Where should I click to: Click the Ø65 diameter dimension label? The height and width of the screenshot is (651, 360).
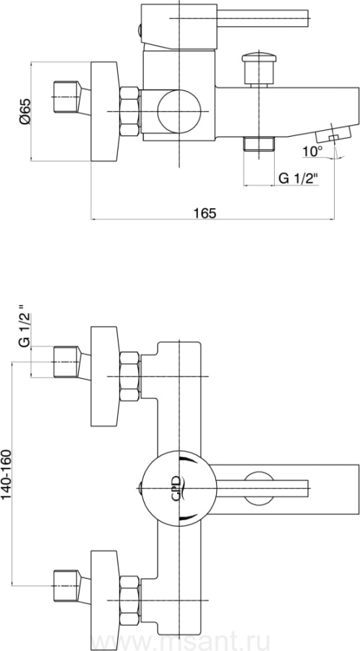pyautogui.click(x=25, y=111)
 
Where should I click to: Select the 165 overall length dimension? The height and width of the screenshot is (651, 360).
pyautogui.click(x=205, y=213)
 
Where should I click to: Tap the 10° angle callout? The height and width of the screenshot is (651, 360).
pyautogui.click(x=312, y=151)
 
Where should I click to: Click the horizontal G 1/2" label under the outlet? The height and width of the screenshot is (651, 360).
pyautogui.click(x=298, y=179)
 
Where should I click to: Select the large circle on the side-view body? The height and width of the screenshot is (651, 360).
pyautogui.click(x=179, y=111)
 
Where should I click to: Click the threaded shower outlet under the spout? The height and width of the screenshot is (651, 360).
pyautogui.click(x=260, y=144)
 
